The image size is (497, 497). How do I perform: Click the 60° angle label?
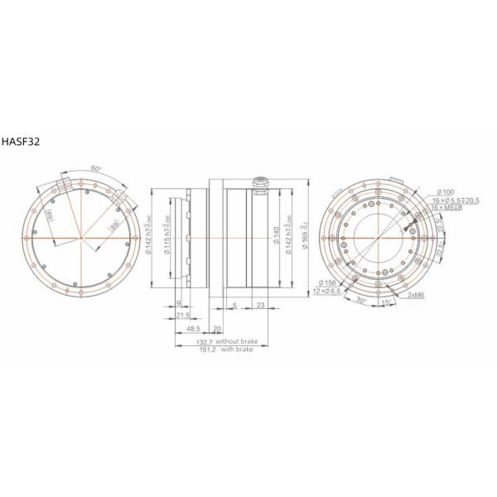point(96,168)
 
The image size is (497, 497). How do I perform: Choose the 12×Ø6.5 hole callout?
point(329,292)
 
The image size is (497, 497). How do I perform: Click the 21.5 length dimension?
point(183,316)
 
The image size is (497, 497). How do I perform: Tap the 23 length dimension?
point(260,306)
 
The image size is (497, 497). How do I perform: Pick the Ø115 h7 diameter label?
point(169,240)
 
